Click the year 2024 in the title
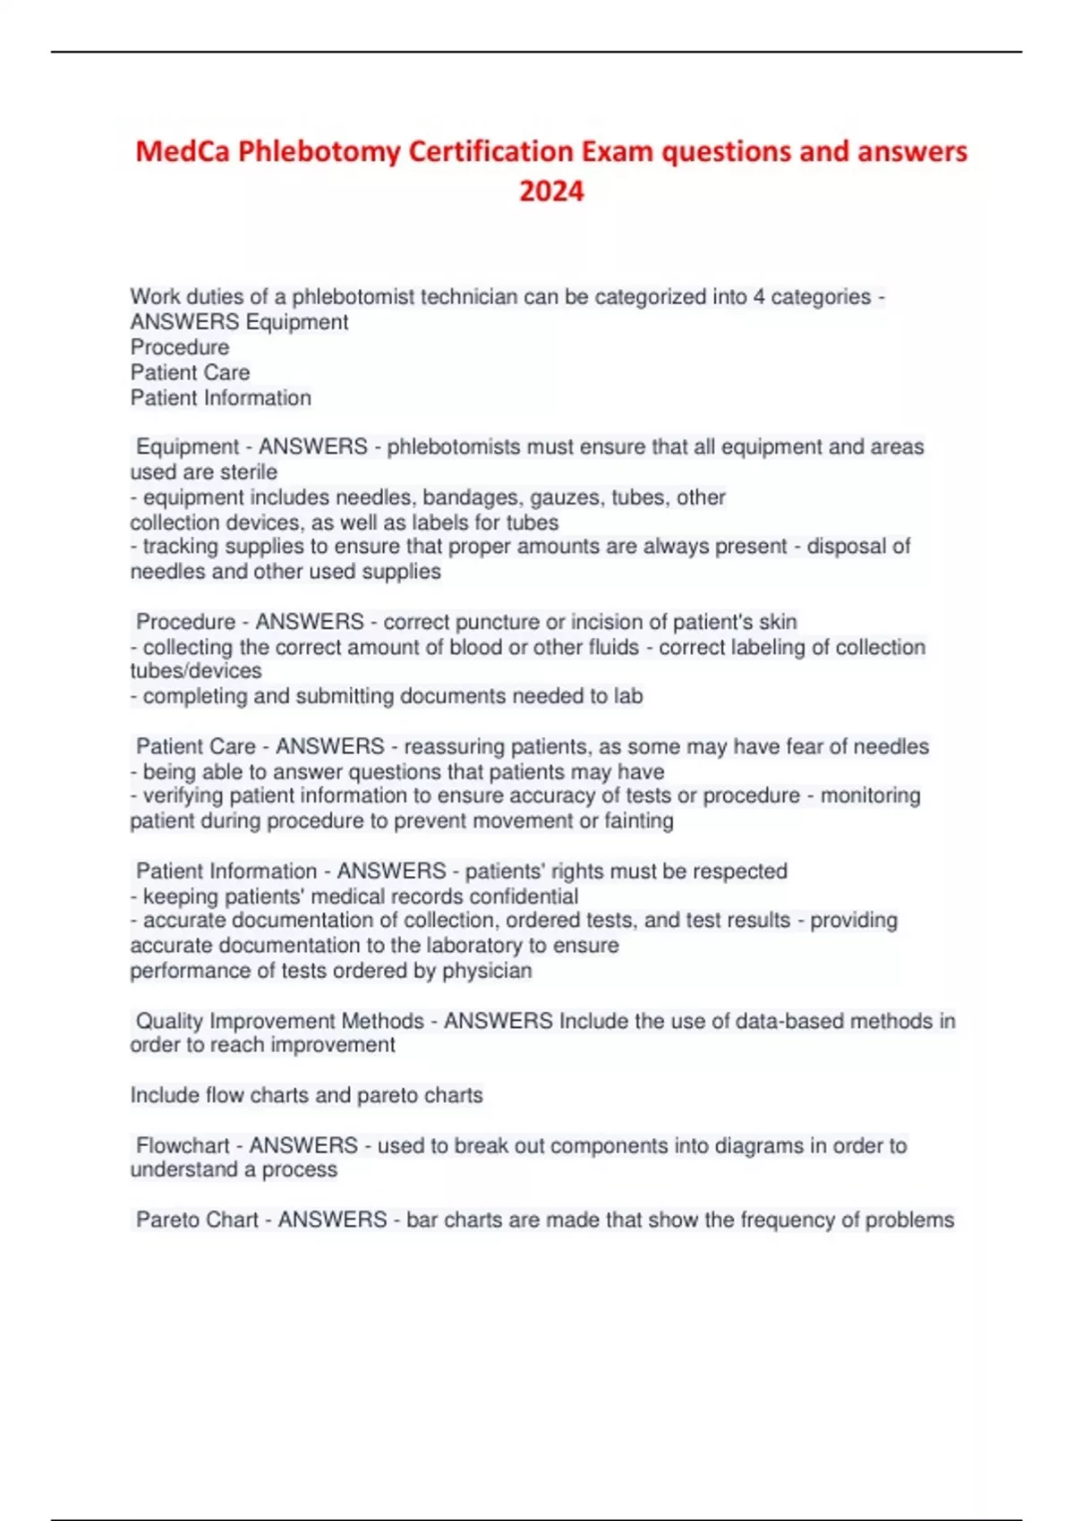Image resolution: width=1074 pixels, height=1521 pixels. (551, 191)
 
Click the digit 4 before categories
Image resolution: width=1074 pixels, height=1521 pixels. (759, 297)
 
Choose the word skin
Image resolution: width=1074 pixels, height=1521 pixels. (778, 622)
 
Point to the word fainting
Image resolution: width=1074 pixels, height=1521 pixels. (639, 821)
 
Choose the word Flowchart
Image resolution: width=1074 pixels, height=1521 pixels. (183, 1146)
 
